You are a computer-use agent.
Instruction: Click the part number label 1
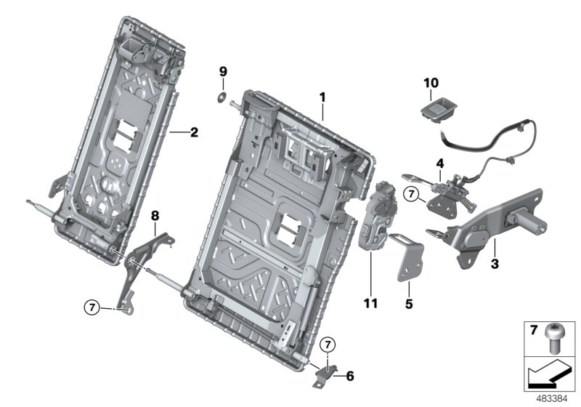[x=322, y=97]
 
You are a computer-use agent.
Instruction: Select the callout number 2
[x=194, y=132]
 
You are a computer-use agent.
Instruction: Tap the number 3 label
[x=494, y=265]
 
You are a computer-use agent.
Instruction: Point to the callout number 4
[x=439, y=162]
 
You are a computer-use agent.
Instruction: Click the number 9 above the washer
[x=224, y=70]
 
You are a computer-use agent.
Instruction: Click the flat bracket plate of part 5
[x=407, y=258]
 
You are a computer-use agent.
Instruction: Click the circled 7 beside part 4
[x=412, y=194]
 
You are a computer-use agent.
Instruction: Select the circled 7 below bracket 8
[x=91, y=308]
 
